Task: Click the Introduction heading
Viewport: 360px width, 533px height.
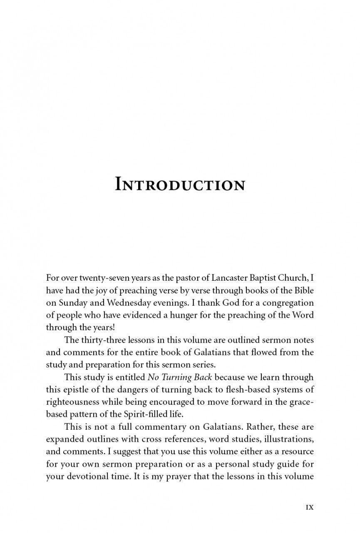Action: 180,184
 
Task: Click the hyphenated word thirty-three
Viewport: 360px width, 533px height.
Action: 103,340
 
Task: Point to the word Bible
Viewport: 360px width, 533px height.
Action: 303,290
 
